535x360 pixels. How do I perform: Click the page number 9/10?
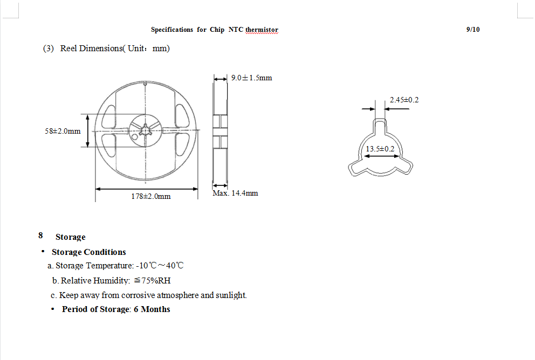[x=473, y=30]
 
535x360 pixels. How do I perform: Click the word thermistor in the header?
[x=262, y=30]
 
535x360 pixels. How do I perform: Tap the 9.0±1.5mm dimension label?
[x=251, y=78]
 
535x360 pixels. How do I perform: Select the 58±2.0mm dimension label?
[x=63, y=131]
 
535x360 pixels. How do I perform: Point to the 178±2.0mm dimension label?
[x=151, y=196]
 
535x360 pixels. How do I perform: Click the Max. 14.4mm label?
[x=235, y=193]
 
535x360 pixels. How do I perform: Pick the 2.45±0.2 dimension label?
[x=404, y=100]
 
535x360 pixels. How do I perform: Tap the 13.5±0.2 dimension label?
[x=380, y=149]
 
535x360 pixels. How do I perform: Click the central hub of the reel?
[x=146, y=130]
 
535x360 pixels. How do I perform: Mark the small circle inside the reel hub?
[x=135, y=137]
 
